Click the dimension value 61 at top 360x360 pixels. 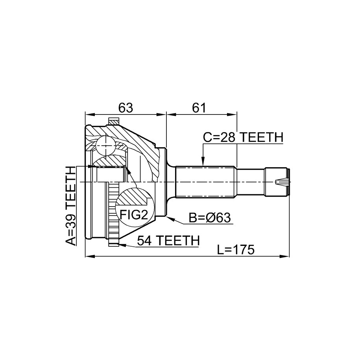pos(199,108)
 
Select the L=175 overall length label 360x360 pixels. pos(236,249)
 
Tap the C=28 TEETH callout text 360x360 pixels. pos(243,137)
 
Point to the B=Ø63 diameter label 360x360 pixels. pos(210,218)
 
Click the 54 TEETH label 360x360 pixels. pos(168,241)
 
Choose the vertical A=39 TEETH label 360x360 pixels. pos(71,206)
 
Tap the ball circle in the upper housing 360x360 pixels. pos(105,146)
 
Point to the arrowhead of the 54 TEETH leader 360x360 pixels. pos(121,245)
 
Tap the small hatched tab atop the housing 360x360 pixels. pos(114,121)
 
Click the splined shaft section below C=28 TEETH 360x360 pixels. pos(206,182)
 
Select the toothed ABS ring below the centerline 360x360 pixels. pos(113,214)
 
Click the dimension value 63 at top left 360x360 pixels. pos(126,108)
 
